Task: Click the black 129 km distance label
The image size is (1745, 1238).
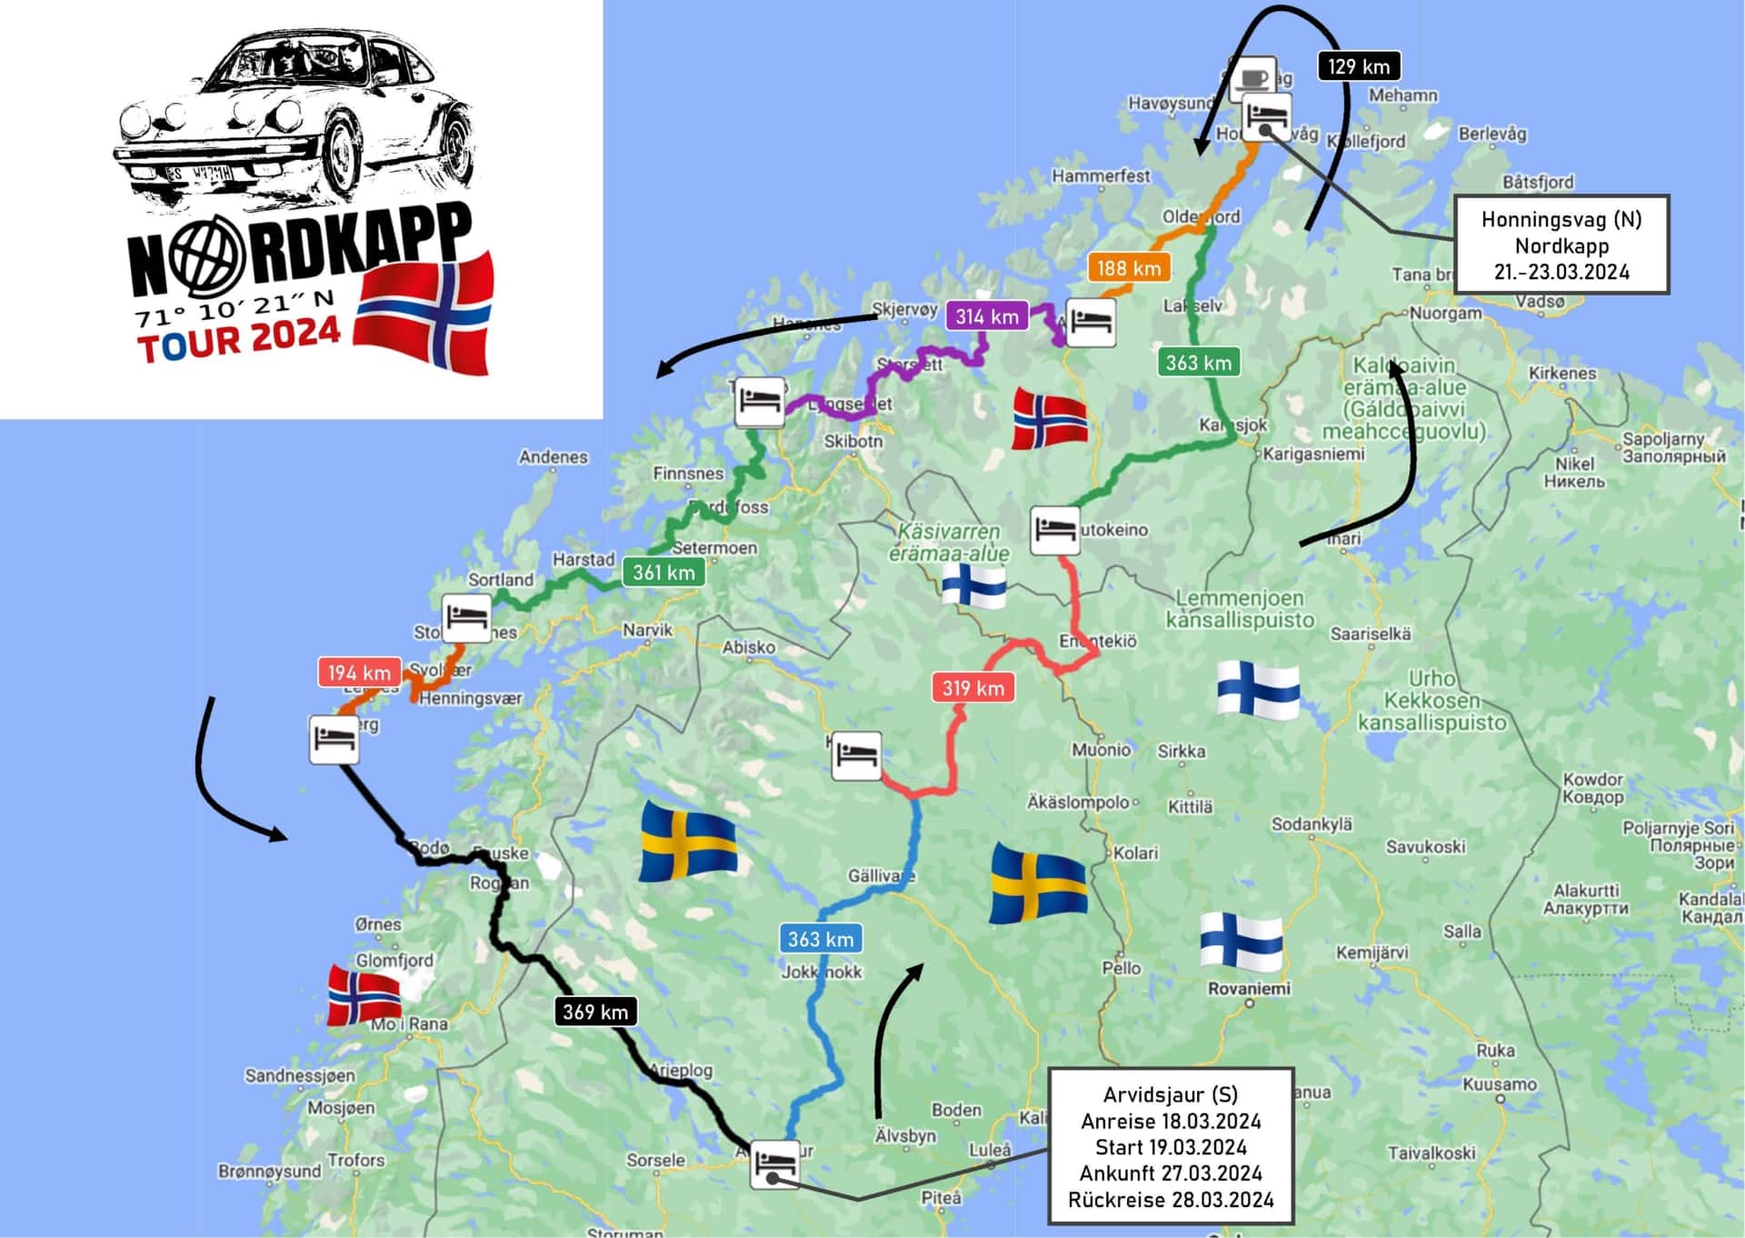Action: pyautogui.click(x=1358, y=66)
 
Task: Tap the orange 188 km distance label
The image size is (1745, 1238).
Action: pyautogui.click(x=1129, y=267)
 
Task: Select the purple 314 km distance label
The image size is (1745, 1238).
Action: pyautogui.click(x=987, y=316)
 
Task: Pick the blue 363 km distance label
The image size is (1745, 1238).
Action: pyautogui.click(x=821, y=939)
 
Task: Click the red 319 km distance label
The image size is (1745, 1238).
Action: pyautogui.click(x=973, y=688)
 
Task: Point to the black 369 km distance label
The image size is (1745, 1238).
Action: pyautogui.click(x=595, y=1012)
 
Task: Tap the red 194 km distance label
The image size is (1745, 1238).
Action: pyautogui.click(x=359, y=673)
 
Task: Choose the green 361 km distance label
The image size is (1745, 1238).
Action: pyautogui.click(x=663, y=573)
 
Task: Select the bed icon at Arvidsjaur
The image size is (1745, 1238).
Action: pyautogui.click(x=774, y=1163)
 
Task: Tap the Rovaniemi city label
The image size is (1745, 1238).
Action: pyautogui.click(x=1249, y=988)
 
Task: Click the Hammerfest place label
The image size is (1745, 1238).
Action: pyautogui.click(x=1101, y=175)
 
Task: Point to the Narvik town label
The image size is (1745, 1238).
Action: pyautogui.click(x=647, y=630)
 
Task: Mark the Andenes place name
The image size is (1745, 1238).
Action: pyautogui.click(x=553, y=457)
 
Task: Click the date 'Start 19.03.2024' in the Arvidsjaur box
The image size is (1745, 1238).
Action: pyautogui.click(x=1171, y=1147)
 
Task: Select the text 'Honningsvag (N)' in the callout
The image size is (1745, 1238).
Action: pyautogui.click(x=1561, y=219)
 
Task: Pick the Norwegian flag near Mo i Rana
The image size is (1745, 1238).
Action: pyautogui.click(x=364, y=995)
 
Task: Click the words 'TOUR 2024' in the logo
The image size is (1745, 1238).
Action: pyautogui.click(x=239, y=339)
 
